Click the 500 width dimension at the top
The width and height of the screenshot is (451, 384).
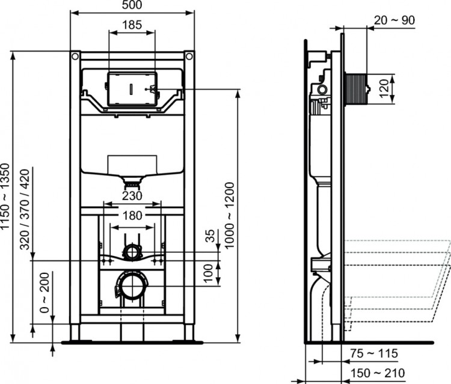132,6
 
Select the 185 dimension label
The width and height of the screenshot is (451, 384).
132,25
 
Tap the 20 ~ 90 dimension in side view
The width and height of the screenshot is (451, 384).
394,20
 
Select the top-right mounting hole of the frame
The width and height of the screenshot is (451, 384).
190,56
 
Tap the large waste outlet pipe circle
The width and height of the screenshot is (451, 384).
132,283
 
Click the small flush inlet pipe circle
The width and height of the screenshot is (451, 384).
132,252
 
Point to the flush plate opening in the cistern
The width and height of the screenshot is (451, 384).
132,90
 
